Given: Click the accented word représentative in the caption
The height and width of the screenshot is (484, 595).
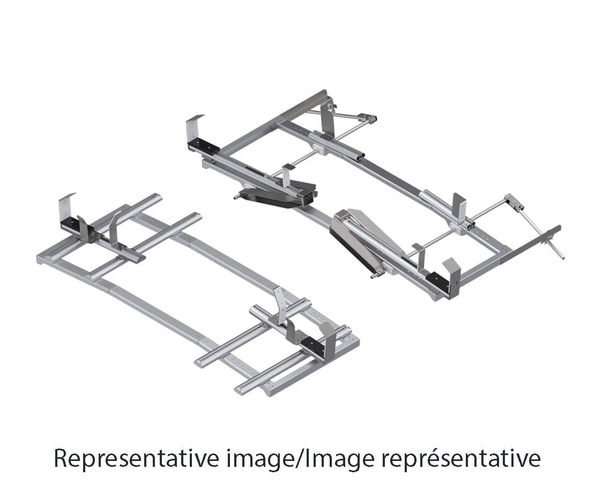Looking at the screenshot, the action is (460, 459).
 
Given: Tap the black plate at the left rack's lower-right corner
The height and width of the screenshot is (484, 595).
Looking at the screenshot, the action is (313, 346).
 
